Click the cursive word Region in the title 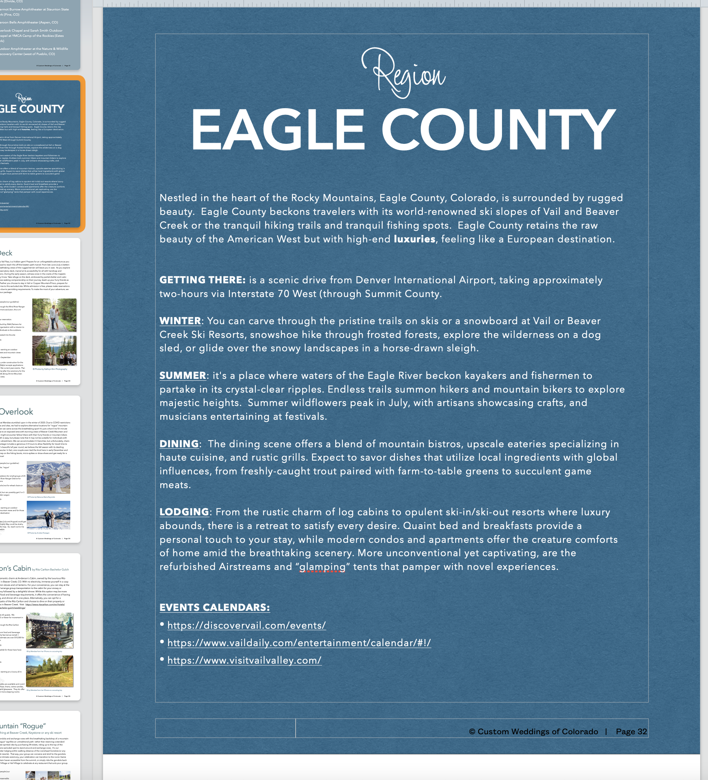[403, 74]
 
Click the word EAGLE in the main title [277, 130]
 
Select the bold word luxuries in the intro [414, 239]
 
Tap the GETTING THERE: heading [202, 280]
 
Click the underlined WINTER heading [180, 321]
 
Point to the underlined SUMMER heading [183, 375]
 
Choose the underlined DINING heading [179, 444]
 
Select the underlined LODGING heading [184, 512]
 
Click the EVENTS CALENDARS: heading [215, 607]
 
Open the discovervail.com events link [247, 625]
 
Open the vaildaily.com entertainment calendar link [299, 643]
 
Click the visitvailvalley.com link [244, 660]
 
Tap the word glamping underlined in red [322, 567]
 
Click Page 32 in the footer [631, 732]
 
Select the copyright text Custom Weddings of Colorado [537, 732]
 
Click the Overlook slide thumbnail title [17, 412]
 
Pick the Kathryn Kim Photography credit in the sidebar [50, 369]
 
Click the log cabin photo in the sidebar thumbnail [49, 630]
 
